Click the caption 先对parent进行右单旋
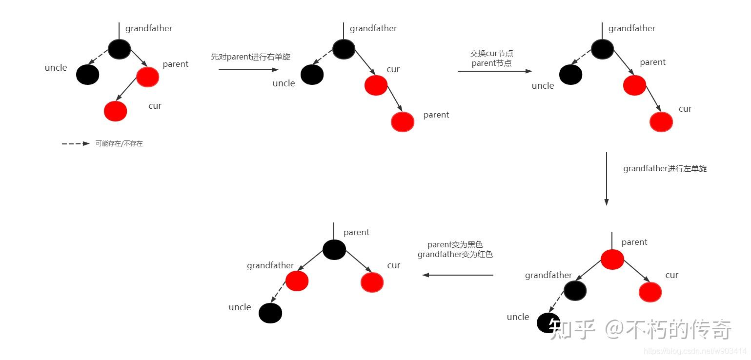pyautogui.click(x=250, y=57)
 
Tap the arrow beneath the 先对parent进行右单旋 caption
pyautogui.click(x=248, y=70)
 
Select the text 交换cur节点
pyautogui.click(x=491, y=54)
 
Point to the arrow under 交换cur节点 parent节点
pyautogui.click(x=494, y=71)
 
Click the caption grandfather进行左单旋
pyautogui.click(x=665, y=169)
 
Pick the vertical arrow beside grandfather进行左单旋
pyautogui.click(x=607, y=179)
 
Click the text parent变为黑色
pyautogui.click(x=455, y=245)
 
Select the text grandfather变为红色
pyautogui.click(x=455, y=255)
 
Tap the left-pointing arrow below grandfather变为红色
pyautogui.click(x=458, y=275)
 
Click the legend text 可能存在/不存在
pyautogui.click(x=119, y=144)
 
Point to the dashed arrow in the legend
pyautogui.click(x=76, y=144)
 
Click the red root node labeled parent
pyautogui.click(x=612, y=259)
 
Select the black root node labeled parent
pyautogui.click(x=334, y=250)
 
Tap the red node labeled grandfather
pyautogui.click(x=297, y=281)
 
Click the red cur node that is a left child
pyautogui.click(x=115, y=111)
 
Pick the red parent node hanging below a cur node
pyautogui.click(x=403, y=121)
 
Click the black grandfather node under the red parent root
pyautogui.click(x=575, y=291)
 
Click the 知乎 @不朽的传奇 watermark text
pyautogui.click(x=640, y=330)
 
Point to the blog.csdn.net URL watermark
pyautogui.click(x=695, y=351)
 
